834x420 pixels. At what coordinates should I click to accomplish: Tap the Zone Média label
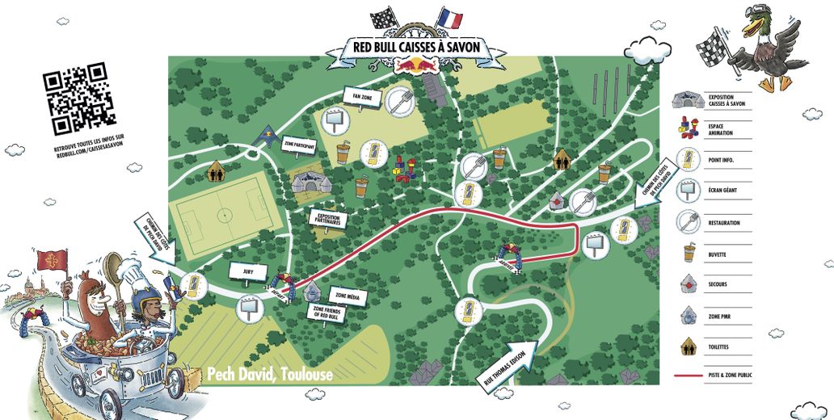[x=348, y=297]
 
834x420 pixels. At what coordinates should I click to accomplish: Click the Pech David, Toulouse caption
[x=270, y=375]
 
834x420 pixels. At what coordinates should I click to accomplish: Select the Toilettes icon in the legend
[x=688, y=347]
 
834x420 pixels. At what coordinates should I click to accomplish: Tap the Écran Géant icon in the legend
[x=687, y=190]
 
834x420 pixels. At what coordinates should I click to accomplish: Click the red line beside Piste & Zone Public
[x=688, y=376]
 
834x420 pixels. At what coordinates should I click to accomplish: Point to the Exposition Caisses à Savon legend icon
[x=687, y=100]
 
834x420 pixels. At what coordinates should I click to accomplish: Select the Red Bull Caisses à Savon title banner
[x=417, y=47]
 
